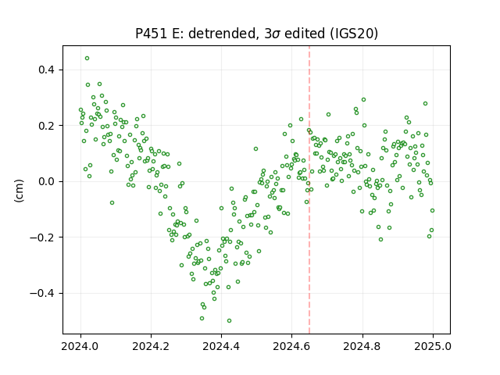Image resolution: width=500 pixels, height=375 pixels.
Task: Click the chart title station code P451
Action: point(151,34)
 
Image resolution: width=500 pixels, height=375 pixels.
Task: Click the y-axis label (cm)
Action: point(19,191)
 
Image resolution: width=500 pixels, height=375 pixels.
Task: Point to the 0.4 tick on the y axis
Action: point(47,70)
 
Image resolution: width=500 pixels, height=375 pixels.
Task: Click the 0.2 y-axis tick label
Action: point(47,126)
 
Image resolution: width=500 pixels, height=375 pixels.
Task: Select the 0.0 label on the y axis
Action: point(47,181)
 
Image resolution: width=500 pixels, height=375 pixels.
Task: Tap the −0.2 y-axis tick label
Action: point(42,237)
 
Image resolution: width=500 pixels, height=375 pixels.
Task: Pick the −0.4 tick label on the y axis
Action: point(42,293)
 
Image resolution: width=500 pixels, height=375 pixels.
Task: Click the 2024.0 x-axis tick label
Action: point(80,346)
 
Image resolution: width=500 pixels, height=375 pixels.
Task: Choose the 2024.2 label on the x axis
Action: point(151,346)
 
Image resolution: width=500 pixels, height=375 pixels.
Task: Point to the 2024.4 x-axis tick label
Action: point(221,346)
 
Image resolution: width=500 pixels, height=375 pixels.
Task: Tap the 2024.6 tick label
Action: point(291,346)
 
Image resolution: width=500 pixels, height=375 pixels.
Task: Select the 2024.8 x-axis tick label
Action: point(362,346)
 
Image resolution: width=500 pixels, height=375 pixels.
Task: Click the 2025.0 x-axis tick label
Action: point(433,346)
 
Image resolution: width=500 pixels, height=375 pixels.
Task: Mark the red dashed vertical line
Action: point(309,190)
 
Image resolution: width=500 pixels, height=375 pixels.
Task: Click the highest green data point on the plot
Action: point(87,59)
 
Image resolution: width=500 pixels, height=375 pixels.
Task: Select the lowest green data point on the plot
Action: point(229,321)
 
